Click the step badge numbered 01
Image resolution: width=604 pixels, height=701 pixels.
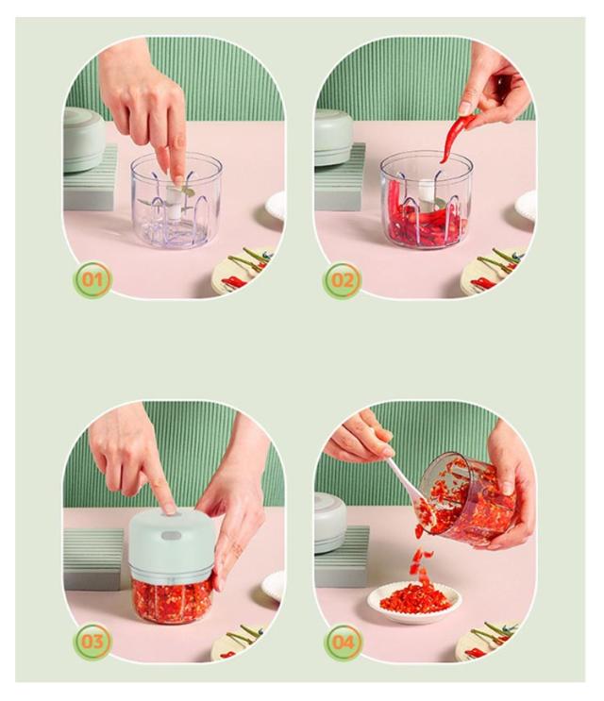[x=92, y=280]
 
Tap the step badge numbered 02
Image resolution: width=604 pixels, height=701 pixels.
[x=342, y=280]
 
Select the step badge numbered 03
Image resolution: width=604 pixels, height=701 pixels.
[x=92, y=642]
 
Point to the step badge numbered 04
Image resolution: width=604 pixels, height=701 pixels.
[x=343, y=643]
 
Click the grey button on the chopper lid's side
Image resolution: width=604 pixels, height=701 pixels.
[x=171, y=535]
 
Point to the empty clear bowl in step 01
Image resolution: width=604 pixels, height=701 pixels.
[x=176, y=200]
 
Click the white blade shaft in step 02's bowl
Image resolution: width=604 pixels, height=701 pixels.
[x=427, y=195]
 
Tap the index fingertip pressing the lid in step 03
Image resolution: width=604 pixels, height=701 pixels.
[x=169, y=509]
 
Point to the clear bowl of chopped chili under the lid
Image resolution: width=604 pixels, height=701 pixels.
[x=171, y=600]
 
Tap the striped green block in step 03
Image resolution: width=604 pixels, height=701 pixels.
[x=93, y=559]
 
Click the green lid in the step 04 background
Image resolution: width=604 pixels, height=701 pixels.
[x=330, y=522]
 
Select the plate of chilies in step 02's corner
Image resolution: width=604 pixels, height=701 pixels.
[x=496, y=272]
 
